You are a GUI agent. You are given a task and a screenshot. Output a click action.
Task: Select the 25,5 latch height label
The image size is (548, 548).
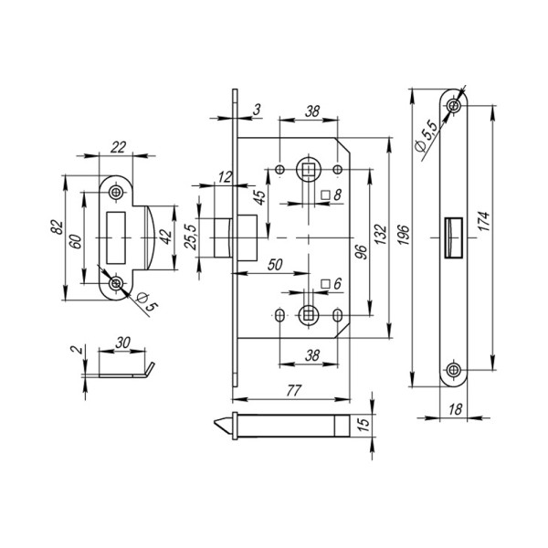click(191, 236)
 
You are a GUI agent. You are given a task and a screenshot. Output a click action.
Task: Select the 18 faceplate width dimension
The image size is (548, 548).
click(455, 412)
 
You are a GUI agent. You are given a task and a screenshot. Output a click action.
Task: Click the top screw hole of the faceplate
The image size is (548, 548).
click(455, 107)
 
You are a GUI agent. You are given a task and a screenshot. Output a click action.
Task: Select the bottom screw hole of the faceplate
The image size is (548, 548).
click(455, 370)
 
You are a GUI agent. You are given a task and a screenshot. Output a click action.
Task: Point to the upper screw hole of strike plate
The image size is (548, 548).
click(116, 193)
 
